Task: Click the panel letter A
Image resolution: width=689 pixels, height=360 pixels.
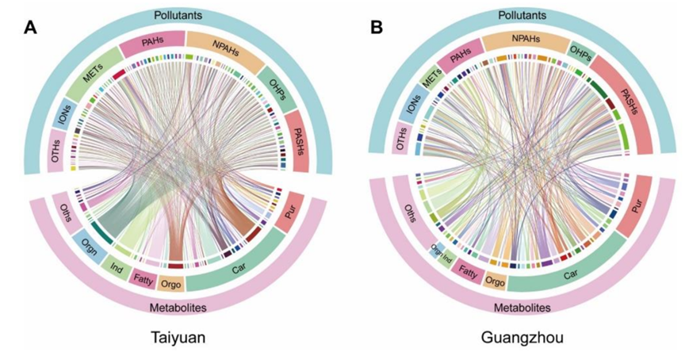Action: pos(30,28)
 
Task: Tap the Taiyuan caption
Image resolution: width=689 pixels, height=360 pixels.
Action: pos(178,337)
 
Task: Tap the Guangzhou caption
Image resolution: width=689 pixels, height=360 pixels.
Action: pos(522,337)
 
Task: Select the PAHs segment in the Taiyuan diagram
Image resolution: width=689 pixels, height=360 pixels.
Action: pos(151,43)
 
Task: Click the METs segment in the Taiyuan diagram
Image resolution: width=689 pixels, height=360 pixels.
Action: pos(91,79)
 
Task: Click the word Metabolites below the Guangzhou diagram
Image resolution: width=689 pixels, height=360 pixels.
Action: pos(522,307)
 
